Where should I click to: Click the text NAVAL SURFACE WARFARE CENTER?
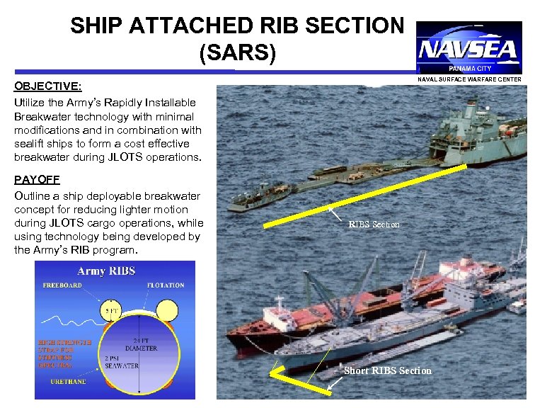[469, 79]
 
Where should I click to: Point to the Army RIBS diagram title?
[106, 271]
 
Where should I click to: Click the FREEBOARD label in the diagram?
[62, 285]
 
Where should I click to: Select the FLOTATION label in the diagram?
[166, 285]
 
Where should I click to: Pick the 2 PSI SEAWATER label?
[121, 362]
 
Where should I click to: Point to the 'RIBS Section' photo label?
[374, 225]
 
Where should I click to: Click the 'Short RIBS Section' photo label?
[387, 370]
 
